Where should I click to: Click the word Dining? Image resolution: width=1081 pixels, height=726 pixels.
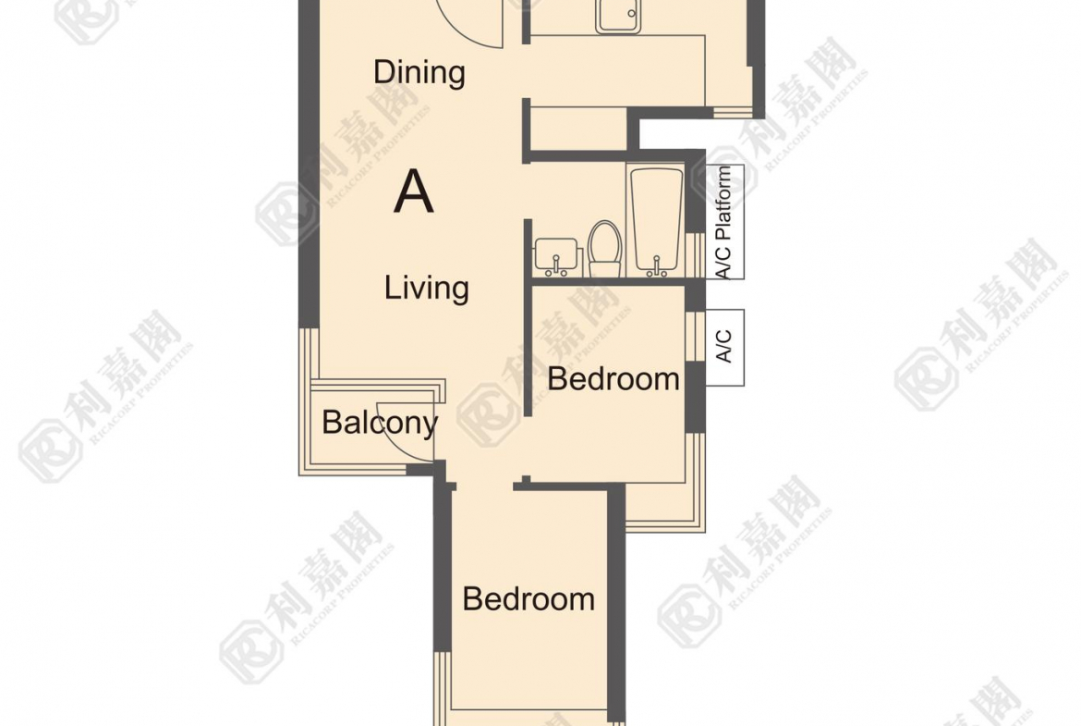coord(419,73)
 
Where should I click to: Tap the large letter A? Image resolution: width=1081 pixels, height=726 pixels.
coord(414,191)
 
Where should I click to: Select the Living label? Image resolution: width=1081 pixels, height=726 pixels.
coord(427,289)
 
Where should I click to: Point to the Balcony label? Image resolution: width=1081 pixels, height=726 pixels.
coord(380,423)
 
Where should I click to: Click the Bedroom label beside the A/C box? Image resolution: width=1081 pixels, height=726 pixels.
coord(613,379)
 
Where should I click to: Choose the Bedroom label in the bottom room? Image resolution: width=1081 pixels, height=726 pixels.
coord(528,598)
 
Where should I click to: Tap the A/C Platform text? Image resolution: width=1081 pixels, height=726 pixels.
coord(723,222)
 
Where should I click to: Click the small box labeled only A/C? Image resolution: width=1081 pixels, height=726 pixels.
coord(724,347)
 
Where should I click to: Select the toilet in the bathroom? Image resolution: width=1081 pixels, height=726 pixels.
coord(604,249)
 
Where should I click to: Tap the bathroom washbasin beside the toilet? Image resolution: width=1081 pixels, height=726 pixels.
coord(555,257)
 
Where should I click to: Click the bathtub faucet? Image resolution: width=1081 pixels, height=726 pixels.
coord(656,267)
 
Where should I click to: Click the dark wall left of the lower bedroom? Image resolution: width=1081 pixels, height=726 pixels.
coord(443,566)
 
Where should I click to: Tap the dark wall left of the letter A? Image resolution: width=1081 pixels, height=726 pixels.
coord(309,165)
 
